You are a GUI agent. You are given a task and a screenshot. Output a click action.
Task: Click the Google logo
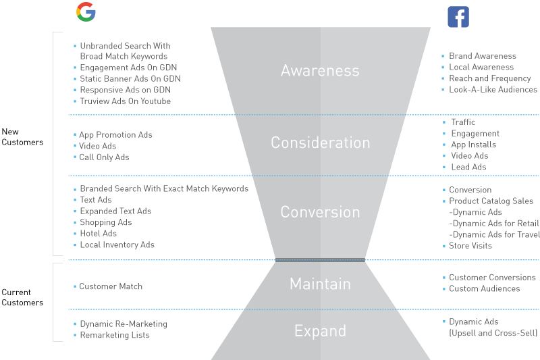(86, 11)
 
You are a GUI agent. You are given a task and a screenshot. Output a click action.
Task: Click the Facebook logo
(458, 17)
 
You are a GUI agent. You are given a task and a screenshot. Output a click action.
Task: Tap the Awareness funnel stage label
(320, 70)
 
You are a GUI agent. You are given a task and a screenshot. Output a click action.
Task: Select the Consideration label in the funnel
(320, 143)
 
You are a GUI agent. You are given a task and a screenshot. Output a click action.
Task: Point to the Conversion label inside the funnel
(320, 211)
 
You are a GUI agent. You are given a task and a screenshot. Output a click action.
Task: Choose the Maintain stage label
(320, 284)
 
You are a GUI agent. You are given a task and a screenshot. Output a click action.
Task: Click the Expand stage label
(320, 331)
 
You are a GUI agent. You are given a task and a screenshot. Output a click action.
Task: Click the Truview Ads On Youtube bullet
(125, 101)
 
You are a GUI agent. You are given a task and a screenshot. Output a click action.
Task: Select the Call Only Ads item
(104, 157)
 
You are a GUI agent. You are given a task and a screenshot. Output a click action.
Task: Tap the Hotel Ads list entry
(98, 234)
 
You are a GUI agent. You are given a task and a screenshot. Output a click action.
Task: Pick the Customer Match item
(111, 286)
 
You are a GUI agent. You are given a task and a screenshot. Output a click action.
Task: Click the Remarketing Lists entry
(115, 335)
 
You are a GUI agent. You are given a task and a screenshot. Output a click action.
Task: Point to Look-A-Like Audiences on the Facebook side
(493, 90)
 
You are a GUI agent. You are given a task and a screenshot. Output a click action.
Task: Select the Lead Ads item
(468, 167)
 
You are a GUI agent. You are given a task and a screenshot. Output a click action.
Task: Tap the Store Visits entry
(470, 246)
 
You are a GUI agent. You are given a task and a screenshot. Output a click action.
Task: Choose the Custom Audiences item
(484, 289)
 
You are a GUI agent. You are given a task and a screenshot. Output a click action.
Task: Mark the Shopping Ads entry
(106, 222)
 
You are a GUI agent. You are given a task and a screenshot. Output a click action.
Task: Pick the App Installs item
(473, 145)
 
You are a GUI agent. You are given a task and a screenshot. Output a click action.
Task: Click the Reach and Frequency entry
(489, 78)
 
